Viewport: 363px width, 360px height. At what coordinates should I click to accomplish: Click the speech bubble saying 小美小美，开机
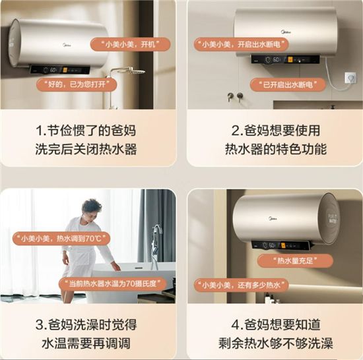130,44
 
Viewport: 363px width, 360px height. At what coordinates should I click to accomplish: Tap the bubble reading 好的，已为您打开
77,84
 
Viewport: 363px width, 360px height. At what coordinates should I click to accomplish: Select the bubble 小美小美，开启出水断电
241,44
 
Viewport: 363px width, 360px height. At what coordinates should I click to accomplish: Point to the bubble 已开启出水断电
288,84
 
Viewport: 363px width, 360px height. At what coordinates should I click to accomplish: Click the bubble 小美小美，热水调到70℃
61,239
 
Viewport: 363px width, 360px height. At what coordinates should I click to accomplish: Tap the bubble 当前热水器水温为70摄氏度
113,284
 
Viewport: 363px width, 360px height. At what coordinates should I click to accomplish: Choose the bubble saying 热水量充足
295,261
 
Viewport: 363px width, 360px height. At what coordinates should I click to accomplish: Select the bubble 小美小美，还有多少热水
241,285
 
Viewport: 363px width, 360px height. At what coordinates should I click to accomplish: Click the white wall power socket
350,78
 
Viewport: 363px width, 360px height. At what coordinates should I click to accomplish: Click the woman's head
92,208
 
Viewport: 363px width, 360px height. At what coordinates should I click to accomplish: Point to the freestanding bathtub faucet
156,246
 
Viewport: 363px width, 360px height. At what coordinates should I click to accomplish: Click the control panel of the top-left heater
60,70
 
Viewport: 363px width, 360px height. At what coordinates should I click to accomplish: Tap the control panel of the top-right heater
285,59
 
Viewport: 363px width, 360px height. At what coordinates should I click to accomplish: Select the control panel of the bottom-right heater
280,245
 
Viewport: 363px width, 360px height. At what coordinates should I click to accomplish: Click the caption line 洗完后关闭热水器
86,149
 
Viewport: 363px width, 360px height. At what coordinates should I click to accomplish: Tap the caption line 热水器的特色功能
276,149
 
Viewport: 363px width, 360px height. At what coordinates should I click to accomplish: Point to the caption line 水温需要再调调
86,343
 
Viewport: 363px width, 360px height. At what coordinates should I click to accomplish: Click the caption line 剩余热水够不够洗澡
276,343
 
